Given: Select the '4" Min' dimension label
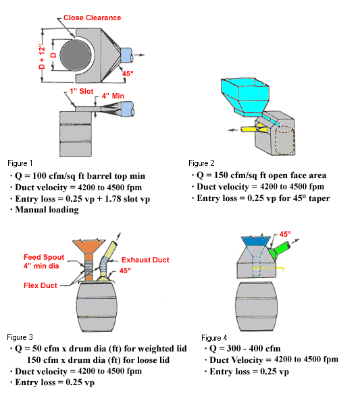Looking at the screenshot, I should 118,96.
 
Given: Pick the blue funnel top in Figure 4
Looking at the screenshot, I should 253,240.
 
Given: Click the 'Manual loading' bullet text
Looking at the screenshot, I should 49,209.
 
